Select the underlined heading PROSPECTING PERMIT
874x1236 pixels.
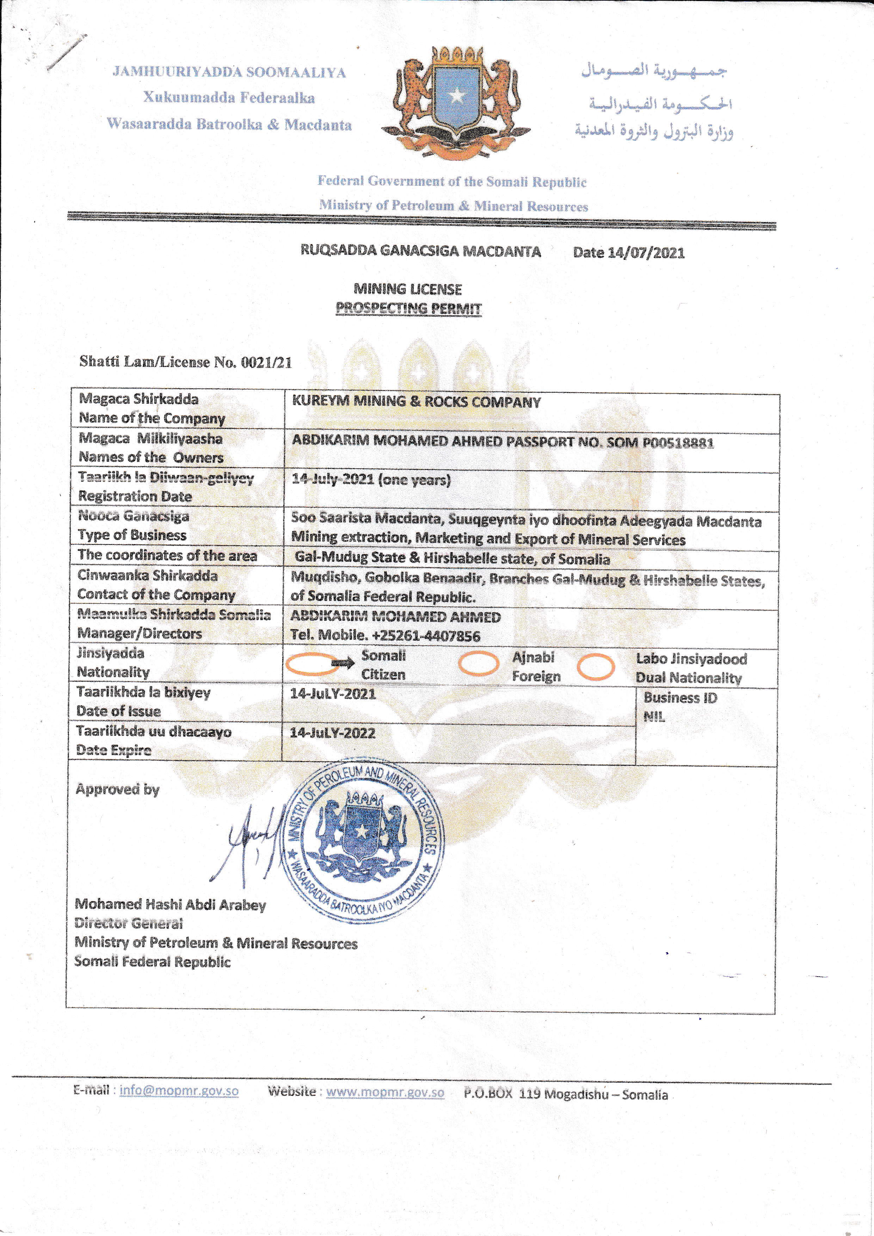[408, 308]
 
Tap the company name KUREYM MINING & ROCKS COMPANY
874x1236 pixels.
[416, 401]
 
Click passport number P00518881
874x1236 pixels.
[678, 443]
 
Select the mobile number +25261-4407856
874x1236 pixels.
[426, 636]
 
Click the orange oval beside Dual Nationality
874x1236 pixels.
[596, 667]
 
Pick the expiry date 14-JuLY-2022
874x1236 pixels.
[333, 733]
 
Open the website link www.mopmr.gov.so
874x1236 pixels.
[385, 1092]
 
